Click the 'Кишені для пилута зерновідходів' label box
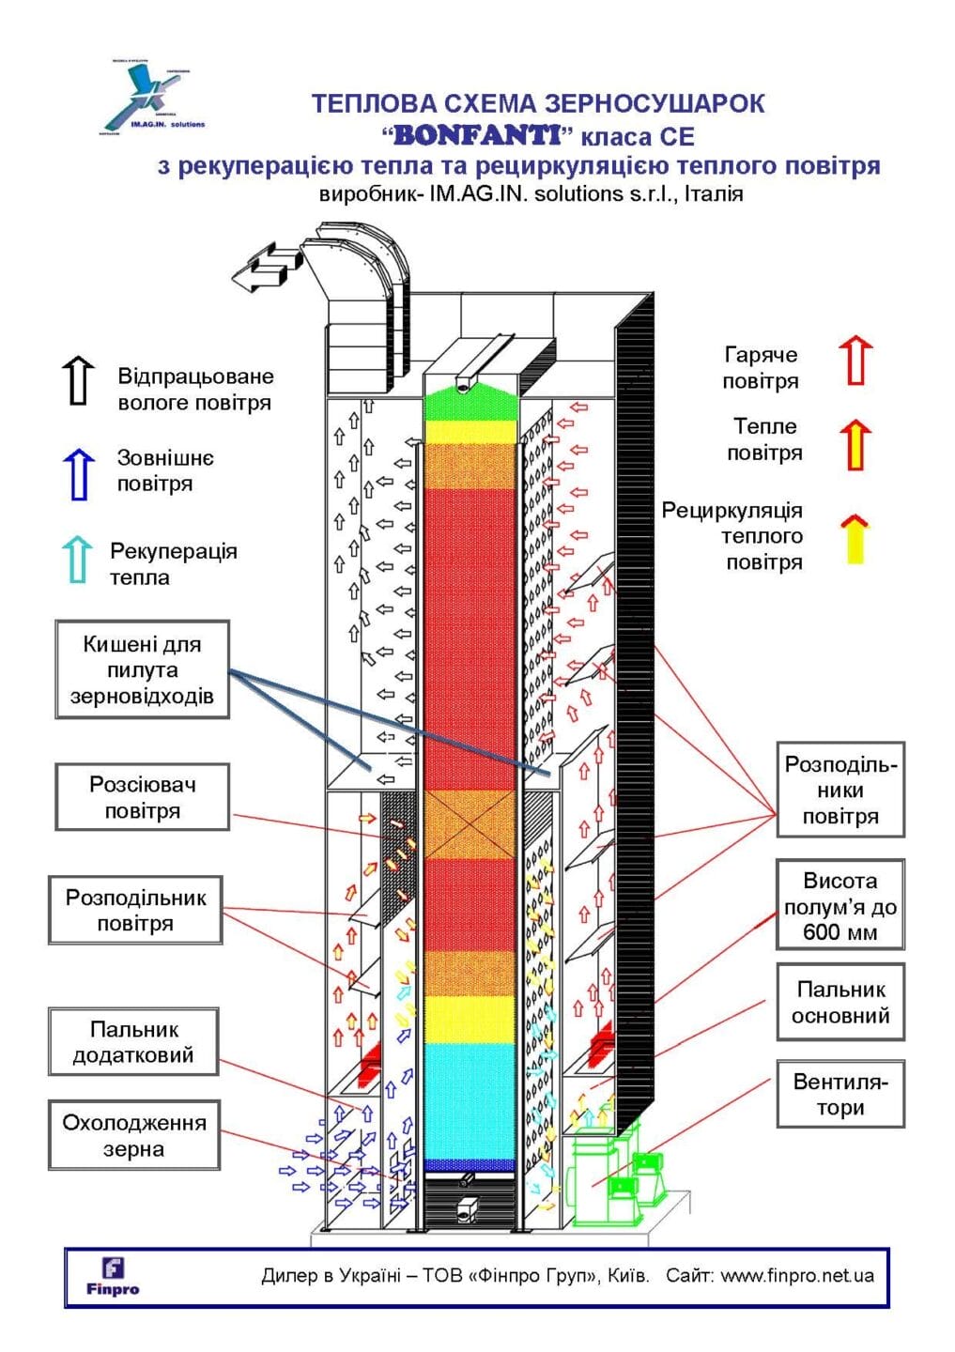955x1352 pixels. click(142, 669)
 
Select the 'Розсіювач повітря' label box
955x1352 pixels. click(142, 797)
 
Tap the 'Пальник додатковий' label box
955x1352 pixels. click(133, 1042)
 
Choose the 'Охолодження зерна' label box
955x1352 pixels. click(133, 1135)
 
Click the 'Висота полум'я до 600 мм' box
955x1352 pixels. click(839, 906)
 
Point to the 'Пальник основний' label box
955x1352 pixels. click(839, 1002)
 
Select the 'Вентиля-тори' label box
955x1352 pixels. click(839, 1094)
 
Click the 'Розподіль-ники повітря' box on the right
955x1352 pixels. click(839, 790)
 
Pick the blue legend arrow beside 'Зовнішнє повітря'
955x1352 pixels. click(78, 473)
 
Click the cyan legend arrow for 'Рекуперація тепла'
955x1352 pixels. click(77, 560)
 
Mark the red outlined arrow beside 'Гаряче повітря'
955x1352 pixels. click(855, 361)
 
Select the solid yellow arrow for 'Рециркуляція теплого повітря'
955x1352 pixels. click(855, 539)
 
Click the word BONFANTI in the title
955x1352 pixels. click(477, 135)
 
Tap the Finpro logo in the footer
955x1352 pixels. click(112, 1277)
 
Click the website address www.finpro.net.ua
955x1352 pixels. click(797, 1275)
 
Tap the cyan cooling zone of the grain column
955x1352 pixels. click(470, 1098)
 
